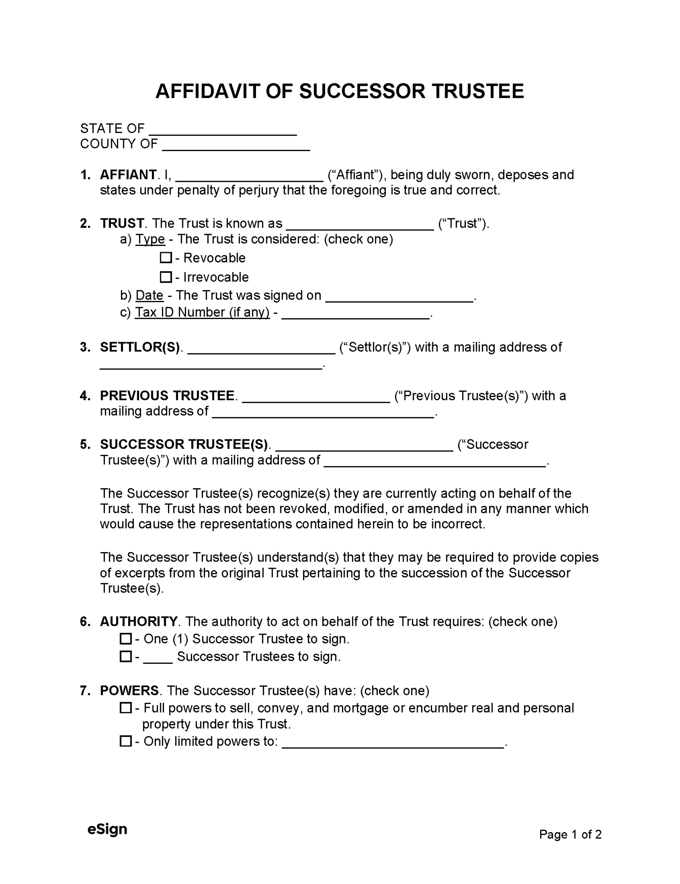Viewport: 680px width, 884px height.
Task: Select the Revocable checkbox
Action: [166, 258]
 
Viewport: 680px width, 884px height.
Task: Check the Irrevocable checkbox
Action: [166, 277]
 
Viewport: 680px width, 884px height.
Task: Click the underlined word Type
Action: [150, 239]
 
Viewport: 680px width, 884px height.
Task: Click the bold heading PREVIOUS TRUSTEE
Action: [167, 396]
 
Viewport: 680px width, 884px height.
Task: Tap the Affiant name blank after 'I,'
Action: [250, 177]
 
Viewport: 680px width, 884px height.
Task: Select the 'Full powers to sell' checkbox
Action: [126, 708]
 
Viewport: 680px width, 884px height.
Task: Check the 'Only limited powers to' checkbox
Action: [126, 741]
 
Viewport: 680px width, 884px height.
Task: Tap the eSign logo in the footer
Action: [107, 829]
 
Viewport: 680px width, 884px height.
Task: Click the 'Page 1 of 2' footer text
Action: [570, 834]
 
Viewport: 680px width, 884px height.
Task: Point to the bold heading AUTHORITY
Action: [139, 622]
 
